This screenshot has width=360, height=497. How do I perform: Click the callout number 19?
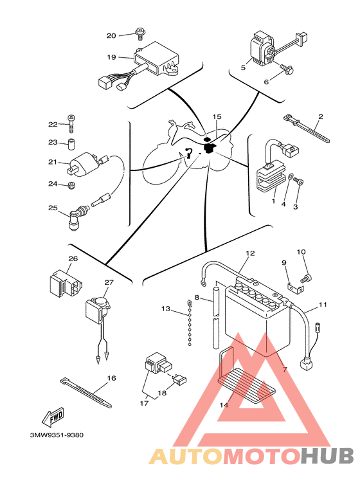(x=111, y=57)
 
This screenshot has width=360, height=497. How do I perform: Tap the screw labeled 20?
(x=139, y=34)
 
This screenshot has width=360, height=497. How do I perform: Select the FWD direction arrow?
(x=53, y=417)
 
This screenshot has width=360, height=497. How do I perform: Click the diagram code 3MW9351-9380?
(x=57, y=435)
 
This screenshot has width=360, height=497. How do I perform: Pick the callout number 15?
(x=217, y=117)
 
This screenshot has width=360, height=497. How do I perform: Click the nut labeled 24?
(x=71, y=185)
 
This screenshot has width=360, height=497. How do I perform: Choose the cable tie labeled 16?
(x=86, y=392)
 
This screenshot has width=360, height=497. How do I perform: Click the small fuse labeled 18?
(x=180, y=379)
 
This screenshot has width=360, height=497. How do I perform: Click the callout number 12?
(x=250, y=253)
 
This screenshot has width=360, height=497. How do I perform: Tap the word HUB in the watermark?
(x=327, y=456)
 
